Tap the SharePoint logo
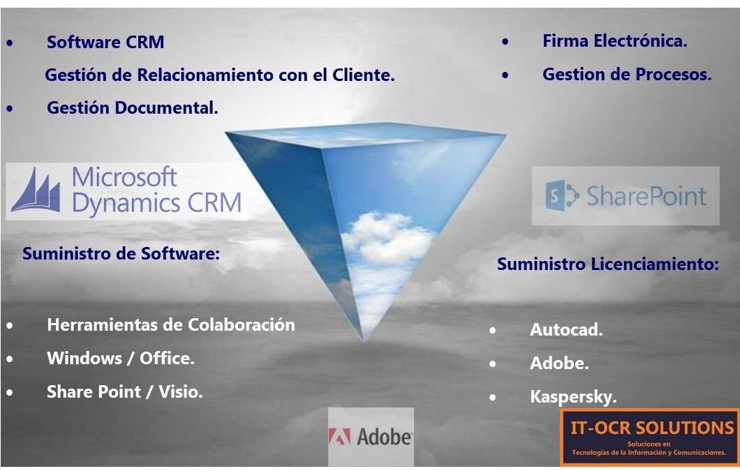pos(626,196)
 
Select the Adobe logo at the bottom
pos(371,437)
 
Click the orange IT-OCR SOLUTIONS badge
pos(650,437)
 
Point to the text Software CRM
pos(105,42)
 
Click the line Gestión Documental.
pos(133,107)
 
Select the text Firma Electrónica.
pos(615,41)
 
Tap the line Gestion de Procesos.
pos(627,74)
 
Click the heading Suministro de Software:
pos(121,254)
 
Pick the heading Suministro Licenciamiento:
pos(608,264)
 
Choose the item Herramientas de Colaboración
pos(171,324)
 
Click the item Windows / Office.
pos(121,358)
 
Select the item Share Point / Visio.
pos(125,391)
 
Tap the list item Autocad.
pos(566,330)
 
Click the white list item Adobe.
pos(559,364)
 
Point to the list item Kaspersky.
pos(573,397)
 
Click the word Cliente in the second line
pos(366,75)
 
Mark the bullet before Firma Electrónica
pos(505,41)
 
